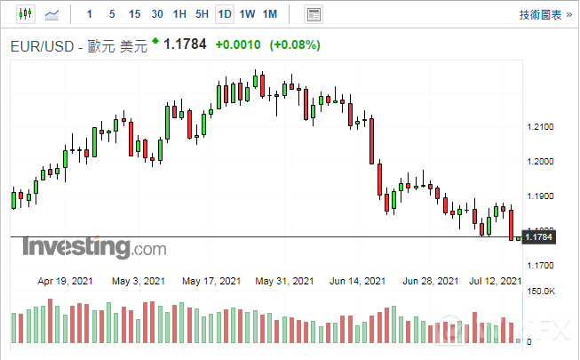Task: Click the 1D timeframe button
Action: pyautogui.click(x=225, y=14)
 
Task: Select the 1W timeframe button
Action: pyautogui.click(x=248, y=14)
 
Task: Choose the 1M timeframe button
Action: pyautogui.click(x=271, y=14)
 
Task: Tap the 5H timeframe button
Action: pyautogui.click(x=202, y=14)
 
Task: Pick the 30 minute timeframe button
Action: pyautogui.click(x=157, y=14)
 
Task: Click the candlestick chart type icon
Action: pyautogui.click(x=24, y=14)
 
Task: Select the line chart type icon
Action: pyautogui.click(x=53, y=14)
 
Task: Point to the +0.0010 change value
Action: pyautogui.click(x=239, y=45)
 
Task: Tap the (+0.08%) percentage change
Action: pyautogui.click(x=296, y=45)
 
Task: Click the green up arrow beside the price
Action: pyautogui.click(x=155, y=41)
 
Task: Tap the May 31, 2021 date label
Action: pyautogui.click(x=284, y=282)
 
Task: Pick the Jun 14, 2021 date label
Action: pyautogui.click(x=358, y=282)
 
